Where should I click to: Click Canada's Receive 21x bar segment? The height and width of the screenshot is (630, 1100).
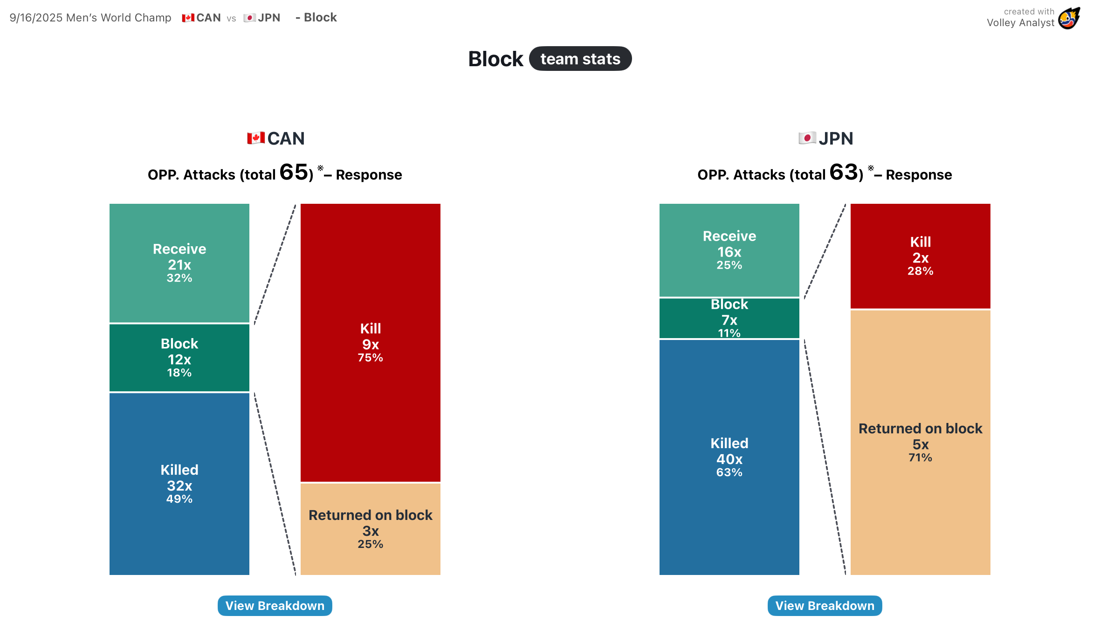pyautogui.click(x=179, y=263)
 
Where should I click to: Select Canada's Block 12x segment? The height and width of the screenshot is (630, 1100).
pyautogui.click(x=179, y=358)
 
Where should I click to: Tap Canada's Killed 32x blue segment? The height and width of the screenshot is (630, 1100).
pyautogui.click(x=179, y=484)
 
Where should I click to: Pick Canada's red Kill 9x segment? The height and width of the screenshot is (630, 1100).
pyautogui.click(x=371, y=343)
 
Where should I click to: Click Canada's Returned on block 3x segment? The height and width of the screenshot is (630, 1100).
pyautogui.click(x=371, y=529)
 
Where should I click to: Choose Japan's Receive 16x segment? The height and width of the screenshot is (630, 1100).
pyautogui.click(x=729, y=250)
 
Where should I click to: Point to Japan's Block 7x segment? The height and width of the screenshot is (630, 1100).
pyautogui.click(x=729, y=318)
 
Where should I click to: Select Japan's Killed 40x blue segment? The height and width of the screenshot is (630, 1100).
pyautogui.click(x=729, y=457)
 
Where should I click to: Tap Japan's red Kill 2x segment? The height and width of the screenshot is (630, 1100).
pyautogui.click(x=921, y=256)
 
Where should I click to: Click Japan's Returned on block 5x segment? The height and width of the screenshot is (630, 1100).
pyautogui.click(x=921, y=442)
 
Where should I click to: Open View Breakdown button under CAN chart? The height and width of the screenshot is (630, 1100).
pyautogui.click(x=275, y=605)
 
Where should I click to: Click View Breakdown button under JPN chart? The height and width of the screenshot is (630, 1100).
pyautogui.click(x=825, y=605)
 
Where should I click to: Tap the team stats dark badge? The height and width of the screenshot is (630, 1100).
pyautogui.click(x=580, y=59)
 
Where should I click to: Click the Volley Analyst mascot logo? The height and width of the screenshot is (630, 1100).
pyautogui.click(x=1069, y=18)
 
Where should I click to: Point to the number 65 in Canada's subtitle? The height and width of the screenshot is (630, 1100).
pyautogui.click(x=294, y=173)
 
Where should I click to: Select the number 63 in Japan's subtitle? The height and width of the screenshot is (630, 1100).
pyautogui.click(x=844, y=173)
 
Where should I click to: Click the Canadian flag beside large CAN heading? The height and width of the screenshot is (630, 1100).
pyautogui.click(x=256, y=138)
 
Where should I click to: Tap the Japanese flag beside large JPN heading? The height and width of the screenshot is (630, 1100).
pyautogui.click(x=807, y=138)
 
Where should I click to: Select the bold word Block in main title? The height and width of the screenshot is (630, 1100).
pyautogui.click(x=495, y=59)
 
